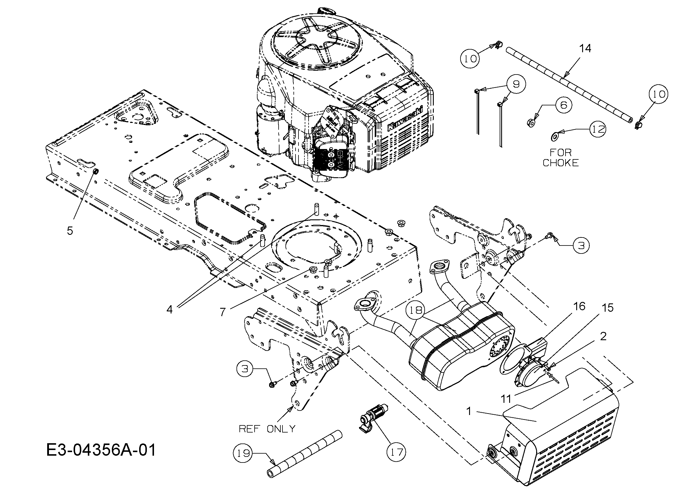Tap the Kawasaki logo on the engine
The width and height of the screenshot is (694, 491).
point(405,121)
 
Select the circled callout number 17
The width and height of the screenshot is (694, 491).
point(397,452)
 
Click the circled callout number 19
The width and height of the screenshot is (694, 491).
point(243,453)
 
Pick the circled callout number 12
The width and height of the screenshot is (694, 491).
point(598,129)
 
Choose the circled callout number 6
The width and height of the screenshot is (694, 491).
point(564,105)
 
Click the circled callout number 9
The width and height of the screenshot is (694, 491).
point(516,84)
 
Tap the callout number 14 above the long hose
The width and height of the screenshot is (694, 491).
point(585,48)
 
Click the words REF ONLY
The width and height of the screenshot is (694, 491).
point(267,429)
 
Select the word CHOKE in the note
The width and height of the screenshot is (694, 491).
point(560,163)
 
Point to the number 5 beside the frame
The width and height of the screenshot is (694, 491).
point(70,231)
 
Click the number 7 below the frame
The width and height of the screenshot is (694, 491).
point(223,312)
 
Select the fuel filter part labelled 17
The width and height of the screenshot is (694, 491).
point(372,417)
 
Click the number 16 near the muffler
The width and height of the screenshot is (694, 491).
point(579,307)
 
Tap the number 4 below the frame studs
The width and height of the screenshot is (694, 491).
point(170,309)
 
